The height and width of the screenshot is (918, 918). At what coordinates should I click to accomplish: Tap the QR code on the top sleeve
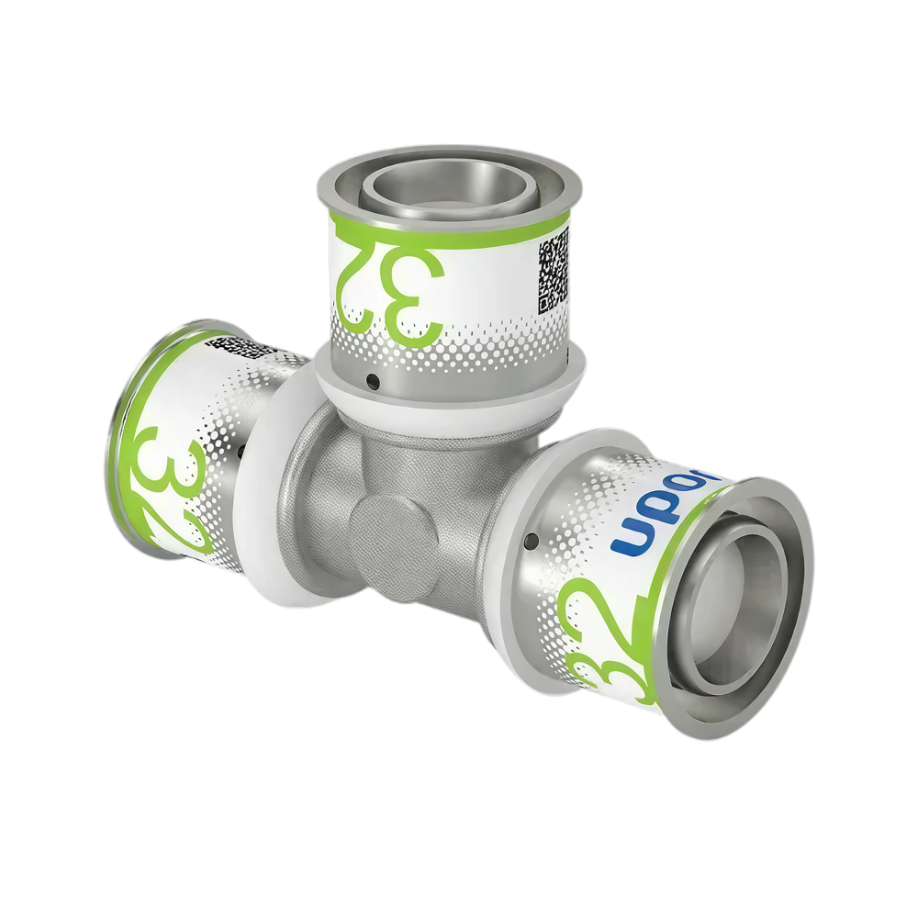coord(554,265)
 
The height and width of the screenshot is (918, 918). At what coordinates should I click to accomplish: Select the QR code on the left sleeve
coord(241,348)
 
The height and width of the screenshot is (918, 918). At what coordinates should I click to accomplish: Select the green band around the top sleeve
coord(450,226)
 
